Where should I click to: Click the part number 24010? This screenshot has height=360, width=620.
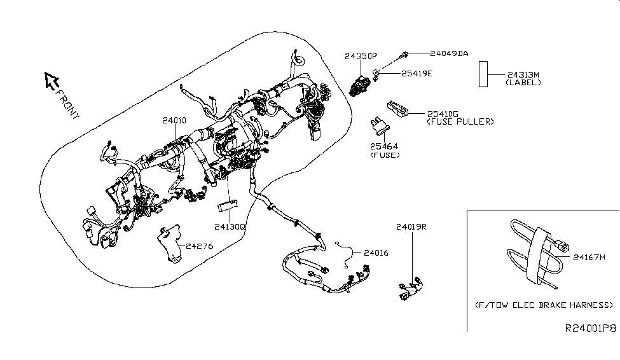coord(174,120)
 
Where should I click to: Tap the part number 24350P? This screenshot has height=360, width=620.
coord(361,56)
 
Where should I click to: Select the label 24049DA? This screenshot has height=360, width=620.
coord(449,53)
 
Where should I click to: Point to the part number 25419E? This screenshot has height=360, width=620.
coord(417,74)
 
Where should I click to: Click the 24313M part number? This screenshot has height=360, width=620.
coord(523,75)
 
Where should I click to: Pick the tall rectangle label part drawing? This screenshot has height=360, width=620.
coord(483,74)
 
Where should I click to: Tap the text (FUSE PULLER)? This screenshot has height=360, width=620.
coord(460,122)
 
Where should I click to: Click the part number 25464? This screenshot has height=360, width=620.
coord(384,146)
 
